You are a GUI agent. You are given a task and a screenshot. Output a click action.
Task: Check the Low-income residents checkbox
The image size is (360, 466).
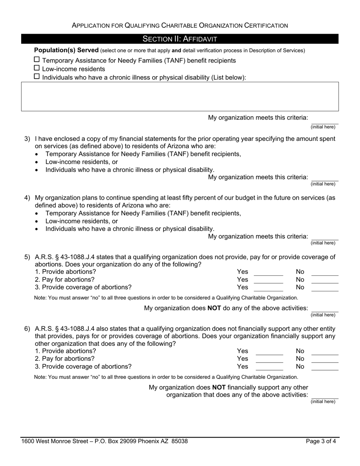click(x=37, y=68)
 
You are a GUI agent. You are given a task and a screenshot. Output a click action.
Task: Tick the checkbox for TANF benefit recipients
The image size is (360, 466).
click(x=37, y=59)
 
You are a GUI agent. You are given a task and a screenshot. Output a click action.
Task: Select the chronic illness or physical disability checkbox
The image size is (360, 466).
click(x=37, y=77)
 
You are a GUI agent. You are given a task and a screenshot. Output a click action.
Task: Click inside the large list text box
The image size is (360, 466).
click(x=180, y=96)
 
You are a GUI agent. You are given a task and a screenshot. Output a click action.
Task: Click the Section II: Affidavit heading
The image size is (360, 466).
click(x=180, y=39)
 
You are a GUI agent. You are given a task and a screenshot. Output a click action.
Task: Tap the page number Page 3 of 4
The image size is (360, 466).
click(x=321, y=441)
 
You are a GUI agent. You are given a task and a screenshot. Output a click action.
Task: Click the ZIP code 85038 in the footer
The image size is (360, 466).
click(x=180, y=441)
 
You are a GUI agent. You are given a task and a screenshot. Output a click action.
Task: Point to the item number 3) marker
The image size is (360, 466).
click(x=27, y=139)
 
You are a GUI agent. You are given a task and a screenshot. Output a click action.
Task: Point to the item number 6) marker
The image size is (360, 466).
click(x=27, y=329)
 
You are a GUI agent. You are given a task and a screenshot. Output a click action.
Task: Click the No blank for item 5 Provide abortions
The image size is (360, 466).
click(x=325, y=272)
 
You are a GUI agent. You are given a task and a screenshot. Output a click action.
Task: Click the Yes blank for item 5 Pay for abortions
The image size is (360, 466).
click(x=268, y=280)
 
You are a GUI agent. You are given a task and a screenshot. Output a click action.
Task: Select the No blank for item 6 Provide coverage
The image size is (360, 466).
click(x=325, y=367)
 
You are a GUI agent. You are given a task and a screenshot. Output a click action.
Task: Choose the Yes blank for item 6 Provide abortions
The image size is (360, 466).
click(x=269, y=352)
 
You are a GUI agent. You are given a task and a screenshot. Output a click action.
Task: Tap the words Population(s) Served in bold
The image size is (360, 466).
click(x=66, y=50)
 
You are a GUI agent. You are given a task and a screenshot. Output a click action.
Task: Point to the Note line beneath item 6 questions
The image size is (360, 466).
click(x=166, y=377)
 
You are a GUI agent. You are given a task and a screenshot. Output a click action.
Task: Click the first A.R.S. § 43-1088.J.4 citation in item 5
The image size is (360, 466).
click(x=66, y=257)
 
